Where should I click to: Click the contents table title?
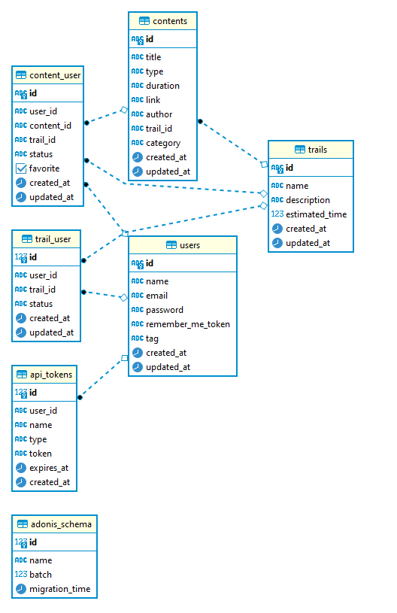click(169, 21)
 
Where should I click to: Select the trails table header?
click(317, 150)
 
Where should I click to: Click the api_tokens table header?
click(50, 375)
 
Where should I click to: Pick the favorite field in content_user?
click(44, 168)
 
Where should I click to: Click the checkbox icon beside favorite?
click(21, 168)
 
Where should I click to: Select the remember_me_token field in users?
click(187, 324)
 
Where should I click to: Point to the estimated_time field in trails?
click(316, 214)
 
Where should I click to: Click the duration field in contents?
click(162, 86)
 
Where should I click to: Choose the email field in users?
click(156, 296)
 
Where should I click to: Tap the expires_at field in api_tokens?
click(49, 468)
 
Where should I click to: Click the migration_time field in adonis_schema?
click(59, 589)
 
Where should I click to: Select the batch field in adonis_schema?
click(41, 575)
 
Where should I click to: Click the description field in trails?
click(308, 200)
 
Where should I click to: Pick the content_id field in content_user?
click(50, 126)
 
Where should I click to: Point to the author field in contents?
click(159, 114)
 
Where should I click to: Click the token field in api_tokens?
click(41, 454)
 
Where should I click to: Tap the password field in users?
click(165, 310)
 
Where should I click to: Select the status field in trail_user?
click(41, 304)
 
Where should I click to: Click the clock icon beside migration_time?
click(21, 589)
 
